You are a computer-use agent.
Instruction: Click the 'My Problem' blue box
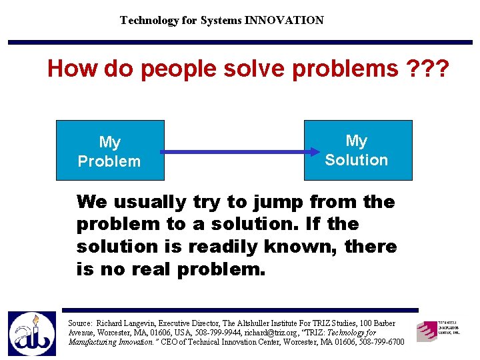click(109, 151)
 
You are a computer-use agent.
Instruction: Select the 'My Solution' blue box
click(358, 150)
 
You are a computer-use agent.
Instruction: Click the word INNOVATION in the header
click(284, 20)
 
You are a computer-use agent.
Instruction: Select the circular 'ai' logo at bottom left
click(31, 333)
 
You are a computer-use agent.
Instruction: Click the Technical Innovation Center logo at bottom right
click(438, 329)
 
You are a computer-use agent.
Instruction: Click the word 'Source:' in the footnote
click(81, 323)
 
